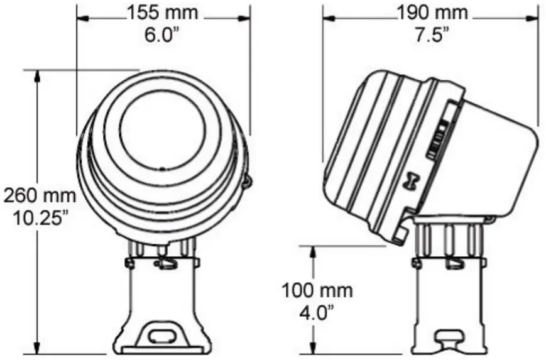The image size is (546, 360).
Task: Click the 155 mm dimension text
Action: click(x=162, y=12)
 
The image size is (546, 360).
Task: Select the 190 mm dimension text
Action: click(x=433, y=12)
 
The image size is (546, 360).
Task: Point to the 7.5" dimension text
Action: click(x=433, y=33)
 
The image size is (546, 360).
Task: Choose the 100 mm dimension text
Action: click(x=317, y=290)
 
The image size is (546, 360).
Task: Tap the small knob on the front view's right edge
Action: click(x=247, y=182)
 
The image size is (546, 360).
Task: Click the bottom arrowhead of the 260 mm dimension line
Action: click(x=39, y=349)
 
